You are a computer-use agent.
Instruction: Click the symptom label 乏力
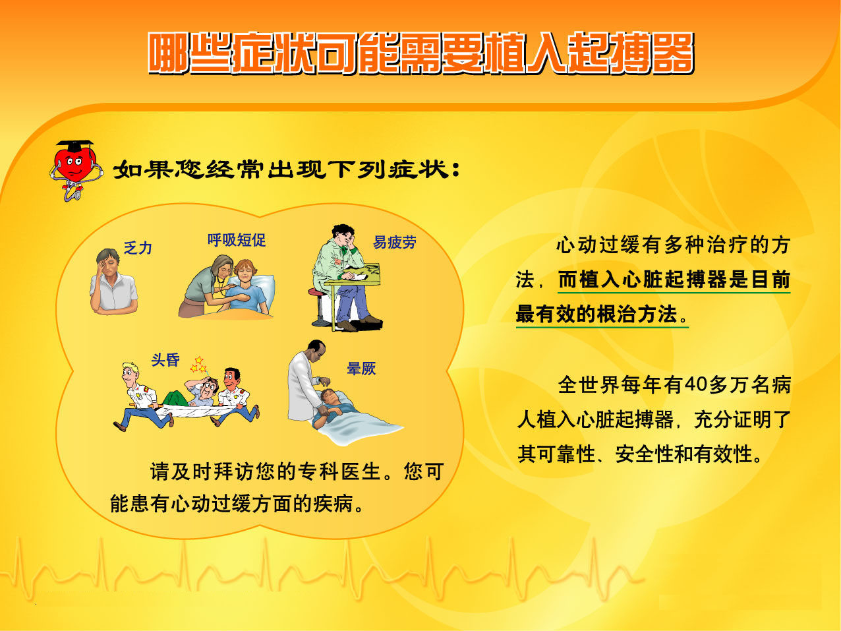[x=138, y=248]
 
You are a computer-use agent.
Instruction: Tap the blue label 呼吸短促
[x=237, y=240]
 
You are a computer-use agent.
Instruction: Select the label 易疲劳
[x=394, y=242]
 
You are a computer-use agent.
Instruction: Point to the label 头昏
[x=165, y=360]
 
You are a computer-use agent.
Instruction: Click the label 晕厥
[x=361, y=369]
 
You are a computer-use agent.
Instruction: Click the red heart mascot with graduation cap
[x=76, y=170]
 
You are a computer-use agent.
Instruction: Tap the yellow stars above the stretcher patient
[x=199, y=365]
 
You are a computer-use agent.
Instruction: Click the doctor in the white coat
[x=306, y=381]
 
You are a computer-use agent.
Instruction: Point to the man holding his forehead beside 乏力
[x=113, y=282]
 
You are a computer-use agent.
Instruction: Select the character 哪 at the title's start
[x=169, y=53]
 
